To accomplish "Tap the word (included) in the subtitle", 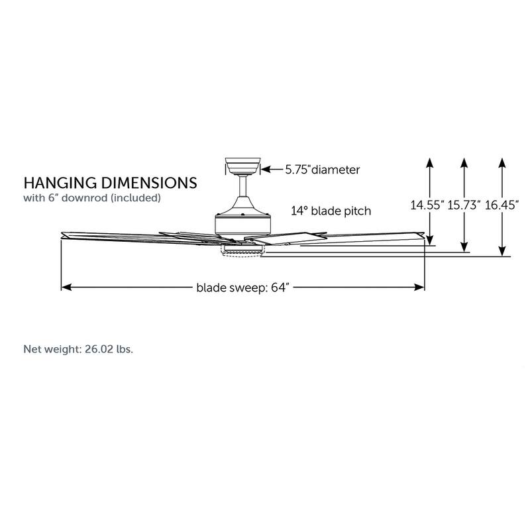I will [x=136, y=197].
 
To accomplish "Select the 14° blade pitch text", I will [x=331, y=211].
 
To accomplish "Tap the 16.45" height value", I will [x=502, y=205].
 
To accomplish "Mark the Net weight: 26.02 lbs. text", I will [x=78, y=348].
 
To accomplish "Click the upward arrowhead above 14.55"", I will [x=430, y=162].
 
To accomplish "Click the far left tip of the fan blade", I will [x=62, y=234].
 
